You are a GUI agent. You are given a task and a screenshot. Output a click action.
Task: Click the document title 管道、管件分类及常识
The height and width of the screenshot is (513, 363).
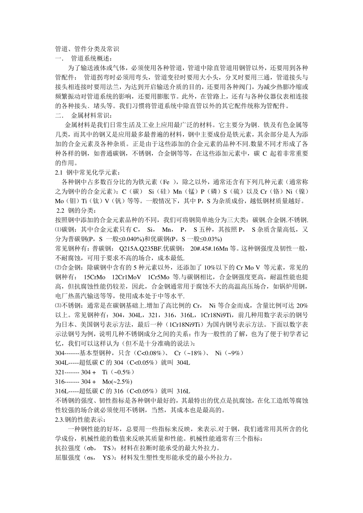pos(88,49)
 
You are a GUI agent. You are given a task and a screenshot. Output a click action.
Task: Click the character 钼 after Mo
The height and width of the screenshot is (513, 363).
pos(76,201)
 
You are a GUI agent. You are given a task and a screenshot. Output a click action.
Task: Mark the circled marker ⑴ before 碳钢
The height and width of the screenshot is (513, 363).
pos(58,229)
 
